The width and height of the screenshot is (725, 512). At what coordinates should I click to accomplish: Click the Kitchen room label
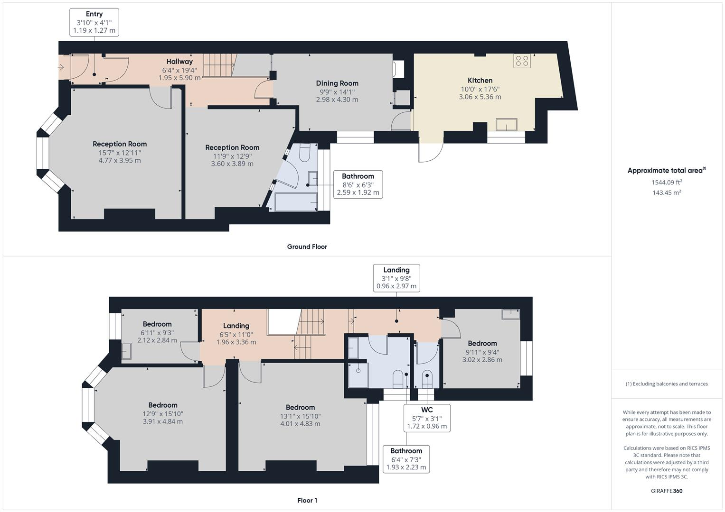(x=480, y=81)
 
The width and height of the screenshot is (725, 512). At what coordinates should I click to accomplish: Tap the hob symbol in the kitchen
(x=522, y=61)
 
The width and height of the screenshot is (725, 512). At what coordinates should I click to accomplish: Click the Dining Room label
(x=337, y=83)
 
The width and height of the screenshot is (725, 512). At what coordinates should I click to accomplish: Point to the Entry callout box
(x=94, y=22)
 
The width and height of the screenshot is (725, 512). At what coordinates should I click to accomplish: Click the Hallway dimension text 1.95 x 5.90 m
(x=179, y=78)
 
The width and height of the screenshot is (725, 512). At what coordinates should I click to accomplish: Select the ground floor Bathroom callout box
(x=358, y=184)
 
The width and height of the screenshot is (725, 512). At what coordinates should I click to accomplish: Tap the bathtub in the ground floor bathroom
(x=296, y=202)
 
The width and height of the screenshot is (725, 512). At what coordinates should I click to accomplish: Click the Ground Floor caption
(x=307, y=247)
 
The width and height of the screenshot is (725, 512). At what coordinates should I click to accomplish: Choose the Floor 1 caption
(x=307, y=500)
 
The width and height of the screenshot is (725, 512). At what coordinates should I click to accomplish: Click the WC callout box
(x=427, y=418)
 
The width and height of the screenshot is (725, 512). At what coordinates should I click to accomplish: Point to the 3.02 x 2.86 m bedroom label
(x=482, y=360)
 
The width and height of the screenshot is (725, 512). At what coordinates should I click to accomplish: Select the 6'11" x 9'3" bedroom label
(x=157, y=332)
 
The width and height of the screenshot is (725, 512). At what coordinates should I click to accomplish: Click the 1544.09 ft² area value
(x=667, y=182)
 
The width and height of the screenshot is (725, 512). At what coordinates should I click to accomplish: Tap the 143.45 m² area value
(x=667, y=192)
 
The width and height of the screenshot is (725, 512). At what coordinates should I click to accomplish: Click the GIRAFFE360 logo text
(x=667, y=491)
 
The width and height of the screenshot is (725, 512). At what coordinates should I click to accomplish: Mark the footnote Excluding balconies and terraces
(x=667, y=384)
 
